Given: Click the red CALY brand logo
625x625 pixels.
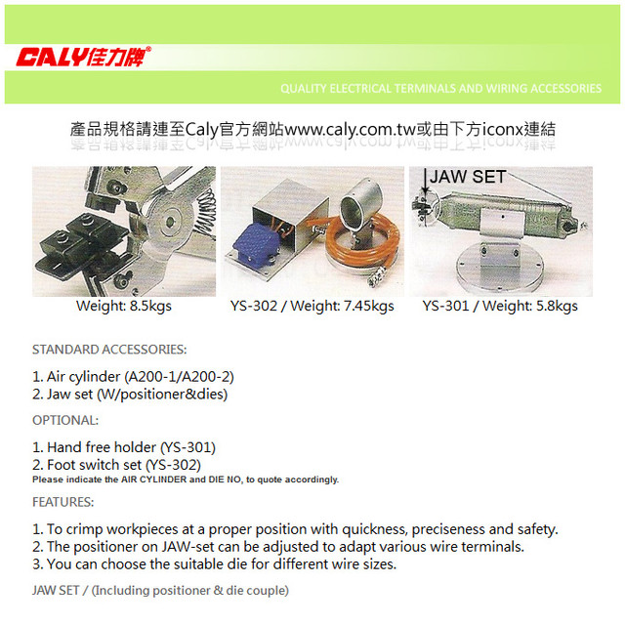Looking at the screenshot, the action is click(84, 57).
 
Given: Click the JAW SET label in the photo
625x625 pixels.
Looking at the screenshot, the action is click(468, 177).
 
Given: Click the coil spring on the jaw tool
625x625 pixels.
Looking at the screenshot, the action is click(204, 212).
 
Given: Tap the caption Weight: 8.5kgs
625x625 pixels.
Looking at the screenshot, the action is click(124, 306).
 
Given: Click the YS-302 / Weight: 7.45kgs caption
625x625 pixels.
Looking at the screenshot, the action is click(312, 306).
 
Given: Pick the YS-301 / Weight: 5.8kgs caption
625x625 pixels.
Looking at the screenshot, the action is click(500, 306).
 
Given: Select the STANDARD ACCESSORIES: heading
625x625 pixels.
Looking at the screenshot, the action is click(109, 350).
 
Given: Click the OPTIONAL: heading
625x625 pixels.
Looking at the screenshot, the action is click(65, 420).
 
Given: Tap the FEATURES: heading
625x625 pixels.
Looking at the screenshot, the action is click(62, 502).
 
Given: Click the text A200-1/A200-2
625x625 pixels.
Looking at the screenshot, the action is click(180, 377).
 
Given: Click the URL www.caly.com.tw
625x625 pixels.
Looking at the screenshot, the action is click(351, 129).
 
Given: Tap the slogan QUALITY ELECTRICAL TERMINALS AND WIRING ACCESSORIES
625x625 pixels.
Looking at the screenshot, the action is click(440, 88).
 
